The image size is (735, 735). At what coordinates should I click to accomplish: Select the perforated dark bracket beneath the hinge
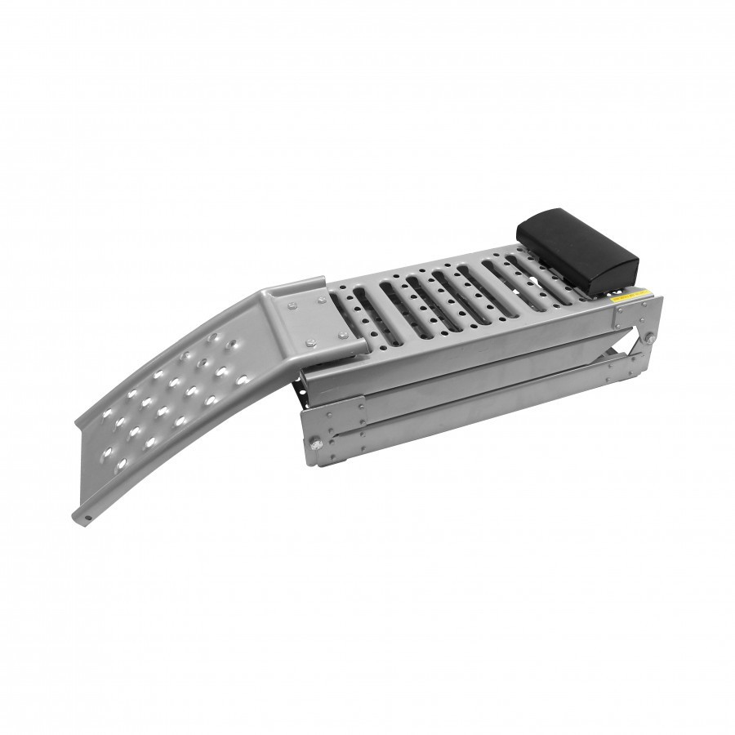(x=308, y=388)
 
